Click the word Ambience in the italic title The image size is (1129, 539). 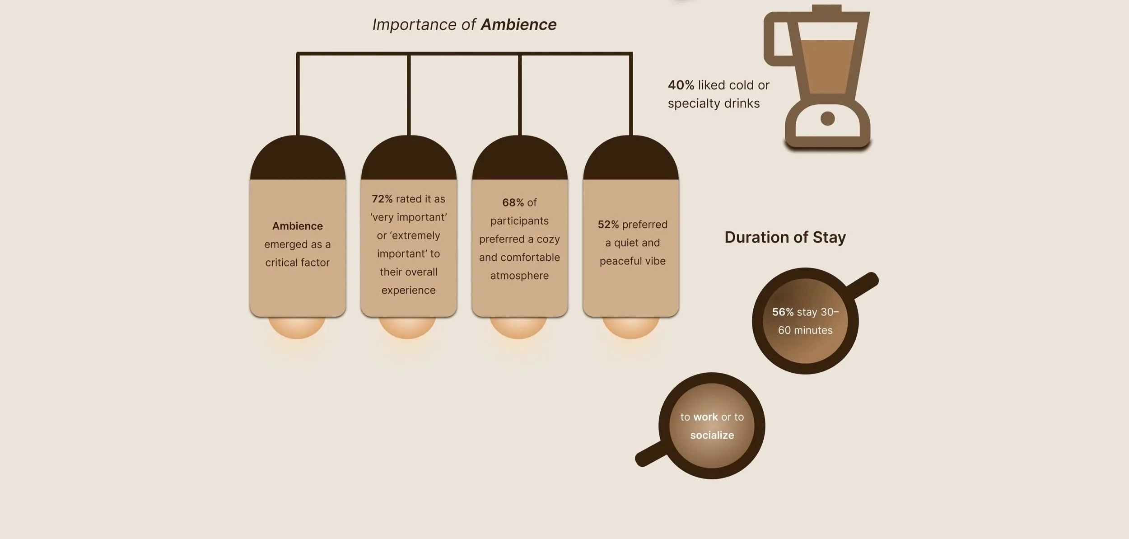518,24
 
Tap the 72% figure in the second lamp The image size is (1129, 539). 382,199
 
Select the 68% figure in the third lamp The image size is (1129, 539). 513,202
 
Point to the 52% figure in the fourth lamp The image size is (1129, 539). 608,225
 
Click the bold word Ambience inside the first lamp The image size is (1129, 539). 297,226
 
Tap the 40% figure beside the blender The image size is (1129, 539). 681,85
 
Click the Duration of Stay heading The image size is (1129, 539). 785,237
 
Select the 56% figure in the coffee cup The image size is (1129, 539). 783,312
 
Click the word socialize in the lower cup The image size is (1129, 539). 712,435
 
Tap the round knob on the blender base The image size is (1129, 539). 827,119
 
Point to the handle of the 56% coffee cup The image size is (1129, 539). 863,285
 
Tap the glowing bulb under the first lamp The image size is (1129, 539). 297,328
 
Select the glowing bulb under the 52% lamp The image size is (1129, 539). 630,328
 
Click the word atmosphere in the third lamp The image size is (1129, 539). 519,276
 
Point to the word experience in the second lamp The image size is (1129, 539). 408,290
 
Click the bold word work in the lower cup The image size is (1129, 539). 705,417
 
